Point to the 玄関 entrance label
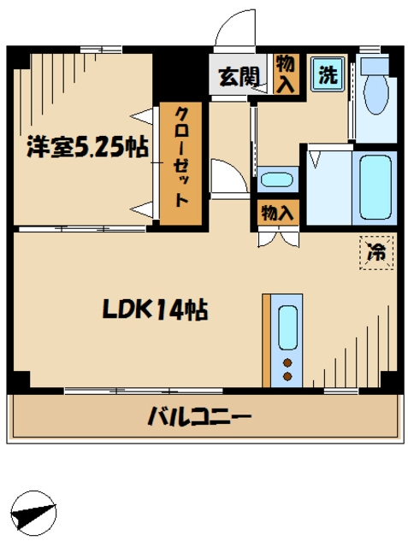click(x=239, y=76)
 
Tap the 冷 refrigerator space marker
click(x=375, y=252)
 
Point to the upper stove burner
click(x=288, y=362)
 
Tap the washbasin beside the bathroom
click(x=275, y=180)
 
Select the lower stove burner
click(x=288, y=375)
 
